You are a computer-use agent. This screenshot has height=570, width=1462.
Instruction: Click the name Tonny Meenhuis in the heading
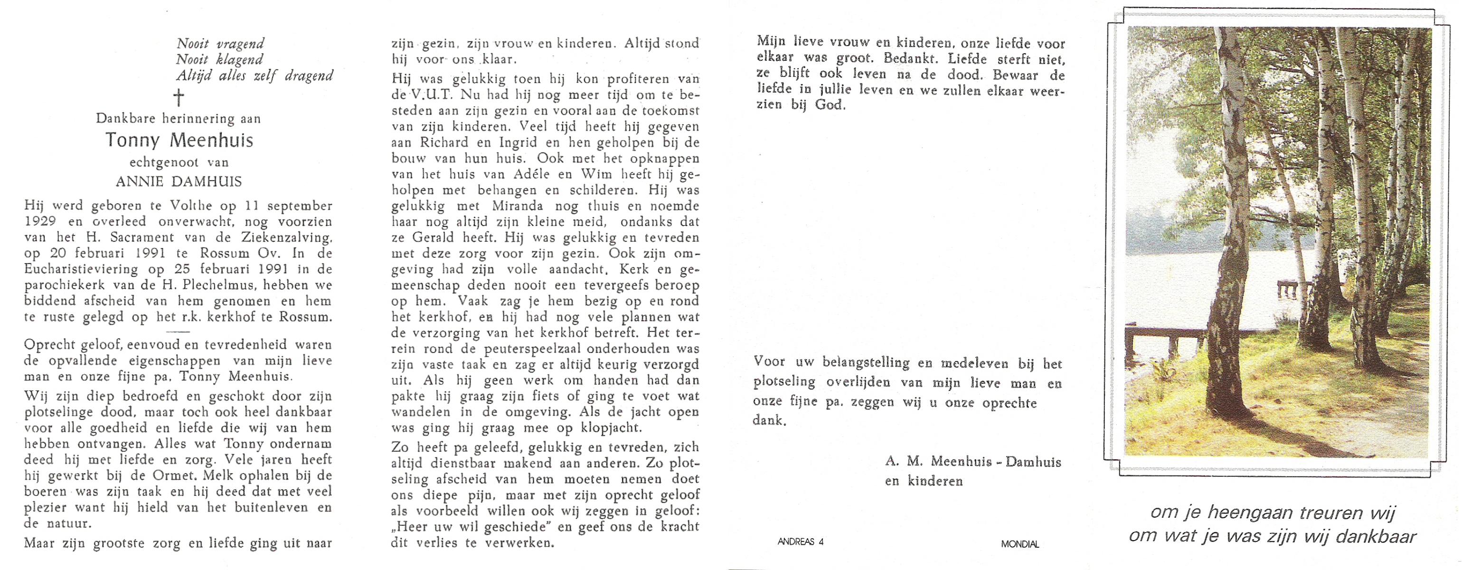179,140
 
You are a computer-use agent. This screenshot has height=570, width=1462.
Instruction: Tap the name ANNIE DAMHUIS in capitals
179,181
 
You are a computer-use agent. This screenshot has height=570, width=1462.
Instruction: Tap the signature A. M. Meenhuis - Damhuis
973,462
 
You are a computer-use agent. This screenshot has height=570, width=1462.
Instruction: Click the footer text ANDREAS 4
800,541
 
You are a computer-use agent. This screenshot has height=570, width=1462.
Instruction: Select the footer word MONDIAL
1020,544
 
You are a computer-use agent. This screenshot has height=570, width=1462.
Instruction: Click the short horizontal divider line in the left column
178,332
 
